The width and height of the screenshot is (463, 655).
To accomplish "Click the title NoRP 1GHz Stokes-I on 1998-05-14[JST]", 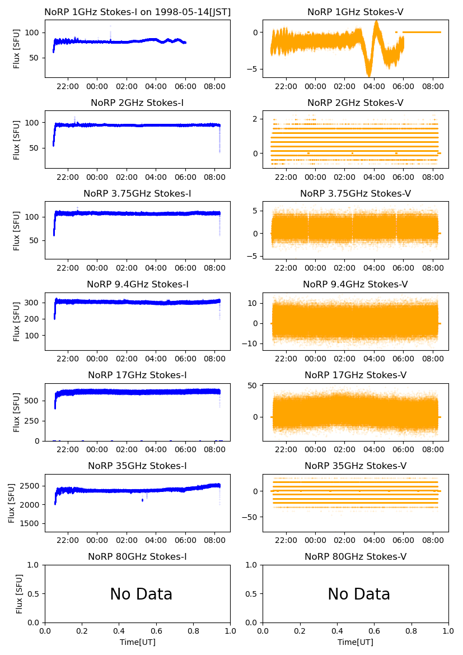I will [x=137, y=12].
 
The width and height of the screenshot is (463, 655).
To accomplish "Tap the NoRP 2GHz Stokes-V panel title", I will [x=356, y=103].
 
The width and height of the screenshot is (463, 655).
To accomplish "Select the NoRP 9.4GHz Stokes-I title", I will [x=137, y=284].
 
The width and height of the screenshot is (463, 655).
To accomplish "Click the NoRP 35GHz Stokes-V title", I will [x=356, y=466].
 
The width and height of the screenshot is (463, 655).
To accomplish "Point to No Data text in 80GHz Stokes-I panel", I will [x=141, y=594].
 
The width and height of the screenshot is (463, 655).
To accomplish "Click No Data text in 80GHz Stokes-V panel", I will [x=359, y=594].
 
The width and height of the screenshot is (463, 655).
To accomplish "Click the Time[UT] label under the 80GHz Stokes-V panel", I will [x=356, y=642].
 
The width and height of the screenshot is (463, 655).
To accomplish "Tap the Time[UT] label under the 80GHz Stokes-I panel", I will [x=137, y=642].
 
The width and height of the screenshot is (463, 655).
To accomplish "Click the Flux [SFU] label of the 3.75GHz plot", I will [x=17, y=231].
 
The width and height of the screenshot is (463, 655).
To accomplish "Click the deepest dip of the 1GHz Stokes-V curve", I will [x=368, y=76].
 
